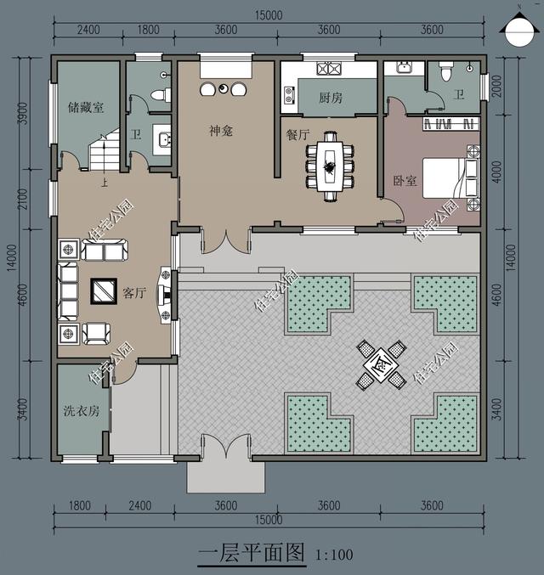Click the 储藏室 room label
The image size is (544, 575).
(x=85, y=108)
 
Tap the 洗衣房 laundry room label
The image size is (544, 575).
(x=81, y=411)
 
